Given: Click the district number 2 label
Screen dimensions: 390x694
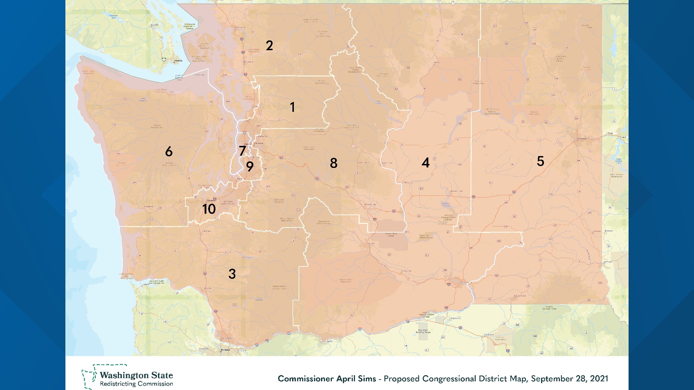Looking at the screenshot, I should [269, 45].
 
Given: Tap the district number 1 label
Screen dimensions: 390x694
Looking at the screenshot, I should [292, 107].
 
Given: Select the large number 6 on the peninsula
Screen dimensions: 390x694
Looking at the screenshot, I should [169, 152].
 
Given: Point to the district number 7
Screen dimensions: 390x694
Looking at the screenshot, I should [243, 151].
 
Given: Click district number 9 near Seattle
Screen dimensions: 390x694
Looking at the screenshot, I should [250, 166].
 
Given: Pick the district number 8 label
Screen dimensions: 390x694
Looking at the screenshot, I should [334, 163].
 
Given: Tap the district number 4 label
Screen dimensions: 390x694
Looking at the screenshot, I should [426, 163].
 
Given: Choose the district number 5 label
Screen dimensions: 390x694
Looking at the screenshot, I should [540, 161].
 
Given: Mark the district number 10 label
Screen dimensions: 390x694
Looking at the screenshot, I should [209, 209].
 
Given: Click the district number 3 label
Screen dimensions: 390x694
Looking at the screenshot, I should [232, 274].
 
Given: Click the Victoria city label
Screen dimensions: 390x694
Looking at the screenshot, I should [179, 61].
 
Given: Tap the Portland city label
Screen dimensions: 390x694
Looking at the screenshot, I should [226, 350].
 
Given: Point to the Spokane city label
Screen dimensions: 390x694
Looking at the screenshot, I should [582, 139].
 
